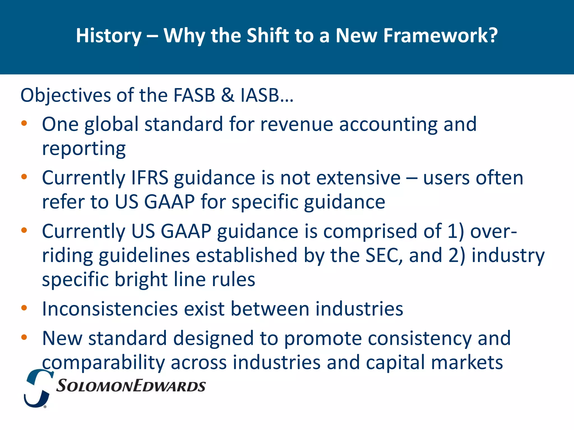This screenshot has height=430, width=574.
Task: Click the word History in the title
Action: (x=109, y=36)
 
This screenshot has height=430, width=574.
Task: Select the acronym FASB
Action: (x=194, y=95)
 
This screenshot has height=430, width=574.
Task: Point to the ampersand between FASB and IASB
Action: (x=228, y=95)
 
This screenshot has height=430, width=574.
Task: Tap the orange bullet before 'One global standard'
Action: (x=24, y=123)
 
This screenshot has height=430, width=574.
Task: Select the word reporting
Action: (x=84, y=148)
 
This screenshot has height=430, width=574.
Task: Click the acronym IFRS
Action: (x=150, y=178)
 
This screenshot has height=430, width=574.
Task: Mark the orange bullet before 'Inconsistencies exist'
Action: (x=24, y=308)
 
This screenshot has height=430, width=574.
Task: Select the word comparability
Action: (x=103, y=363)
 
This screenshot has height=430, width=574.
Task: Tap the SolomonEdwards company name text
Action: (x=131, y=386)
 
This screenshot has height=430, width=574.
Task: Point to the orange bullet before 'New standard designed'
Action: (x=24, y=337)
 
